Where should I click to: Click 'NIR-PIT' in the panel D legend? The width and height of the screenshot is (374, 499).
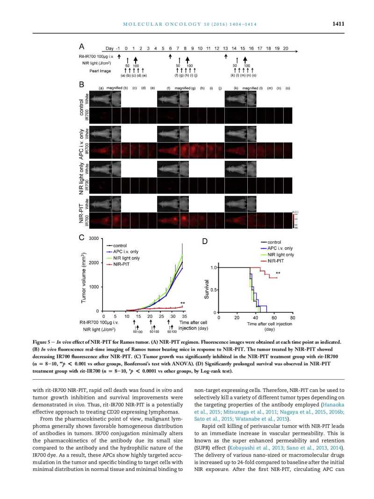point(276,260)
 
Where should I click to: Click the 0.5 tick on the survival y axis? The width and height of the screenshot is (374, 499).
point(213,290)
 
